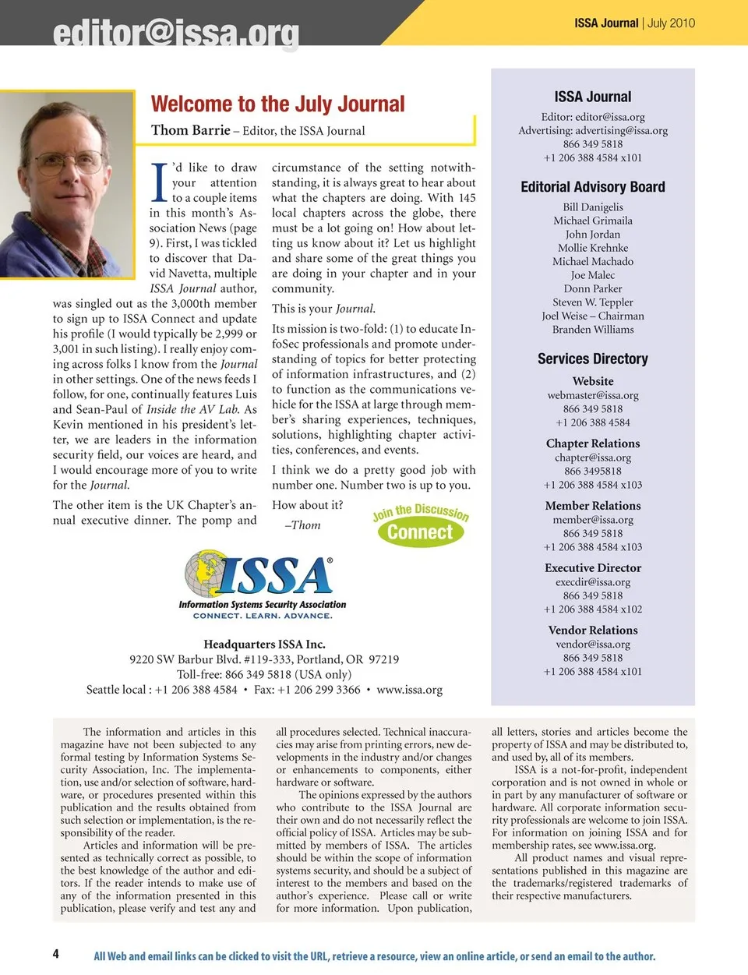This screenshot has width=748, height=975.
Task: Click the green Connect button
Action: point(420,532)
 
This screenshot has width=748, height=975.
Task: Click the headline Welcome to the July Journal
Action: point(277,104)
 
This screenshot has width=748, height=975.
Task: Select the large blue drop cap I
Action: point(159,183)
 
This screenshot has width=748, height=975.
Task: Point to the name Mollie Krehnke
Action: point(592,248)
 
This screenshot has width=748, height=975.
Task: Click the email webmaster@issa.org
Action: point(592,395)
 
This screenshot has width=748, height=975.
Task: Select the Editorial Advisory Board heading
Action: point(592,187)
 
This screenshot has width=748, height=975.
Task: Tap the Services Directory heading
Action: point(592,359)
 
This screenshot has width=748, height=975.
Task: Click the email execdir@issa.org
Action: point(592,582)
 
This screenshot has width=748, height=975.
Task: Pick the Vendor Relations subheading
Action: point(592,630)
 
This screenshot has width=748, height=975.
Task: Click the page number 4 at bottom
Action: point(55,954)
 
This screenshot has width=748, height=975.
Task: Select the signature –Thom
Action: point(303,525)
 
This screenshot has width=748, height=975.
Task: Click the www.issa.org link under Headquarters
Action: point(409,690)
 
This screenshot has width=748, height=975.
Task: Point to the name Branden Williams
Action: point(592,330)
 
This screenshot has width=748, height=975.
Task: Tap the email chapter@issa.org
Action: point(592,457)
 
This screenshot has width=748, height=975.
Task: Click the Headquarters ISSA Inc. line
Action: point(264,645)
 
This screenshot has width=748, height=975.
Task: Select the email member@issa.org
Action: point(592,520)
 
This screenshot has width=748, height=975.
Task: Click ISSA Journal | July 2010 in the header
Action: point(634,23)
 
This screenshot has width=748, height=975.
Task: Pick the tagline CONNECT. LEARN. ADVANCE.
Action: point(263,616)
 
